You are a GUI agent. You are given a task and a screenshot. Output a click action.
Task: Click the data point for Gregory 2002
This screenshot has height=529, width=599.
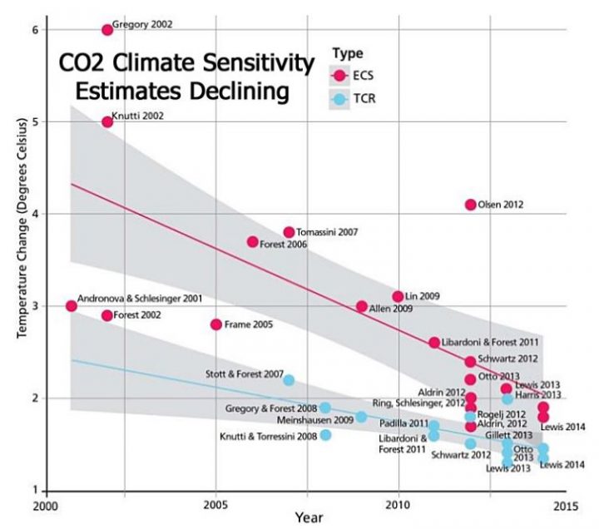(107, 30)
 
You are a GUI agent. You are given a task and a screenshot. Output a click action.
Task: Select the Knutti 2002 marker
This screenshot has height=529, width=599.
(107, 121)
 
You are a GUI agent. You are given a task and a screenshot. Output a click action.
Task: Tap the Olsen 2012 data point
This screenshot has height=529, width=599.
(471, 205)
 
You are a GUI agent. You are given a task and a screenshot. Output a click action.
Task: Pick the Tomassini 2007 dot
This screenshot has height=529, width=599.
(289, 232)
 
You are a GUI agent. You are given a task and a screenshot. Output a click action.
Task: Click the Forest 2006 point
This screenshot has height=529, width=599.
(253, 242)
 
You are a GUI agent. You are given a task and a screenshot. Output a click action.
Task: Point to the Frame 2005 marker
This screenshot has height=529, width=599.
(216, 324)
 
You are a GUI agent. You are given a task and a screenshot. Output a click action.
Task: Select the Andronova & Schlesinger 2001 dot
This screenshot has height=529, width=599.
(72, 306)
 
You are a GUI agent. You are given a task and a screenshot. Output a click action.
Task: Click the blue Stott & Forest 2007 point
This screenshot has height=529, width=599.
(289, 380)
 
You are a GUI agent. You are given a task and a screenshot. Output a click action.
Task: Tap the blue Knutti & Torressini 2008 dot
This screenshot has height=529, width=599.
(325, 435)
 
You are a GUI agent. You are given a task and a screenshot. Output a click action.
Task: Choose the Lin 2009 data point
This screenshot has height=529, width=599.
(398, 297)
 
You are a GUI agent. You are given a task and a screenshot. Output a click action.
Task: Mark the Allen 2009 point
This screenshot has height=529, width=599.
(362, 306)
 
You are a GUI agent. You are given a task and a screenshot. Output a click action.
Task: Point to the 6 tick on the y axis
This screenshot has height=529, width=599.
(36, 30)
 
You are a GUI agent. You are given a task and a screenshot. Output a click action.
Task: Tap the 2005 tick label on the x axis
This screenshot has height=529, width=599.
(216, 504)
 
